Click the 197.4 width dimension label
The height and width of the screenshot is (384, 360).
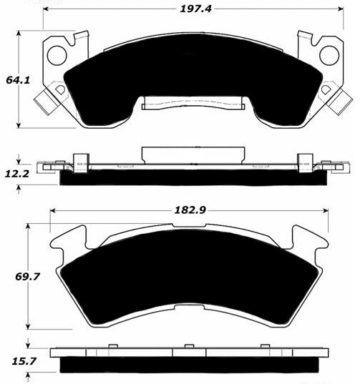point(195,9)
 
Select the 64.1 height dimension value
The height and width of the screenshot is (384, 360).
point(18,80)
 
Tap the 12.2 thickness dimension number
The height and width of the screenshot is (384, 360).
point(17,174)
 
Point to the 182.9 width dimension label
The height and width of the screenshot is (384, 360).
point(190,210)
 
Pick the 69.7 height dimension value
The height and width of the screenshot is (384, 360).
point(27,277)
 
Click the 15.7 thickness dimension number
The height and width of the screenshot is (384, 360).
point(24,361)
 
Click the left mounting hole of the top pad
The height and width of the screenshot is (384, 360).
point(57,55)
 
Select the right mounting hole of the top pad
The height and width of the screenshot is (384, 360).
point(329,55)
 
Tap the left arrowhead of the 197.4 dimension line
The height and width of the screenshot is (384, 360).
point(47,9)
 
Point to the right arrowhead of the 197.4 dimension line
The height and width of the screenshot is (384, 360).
point(340,9)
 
